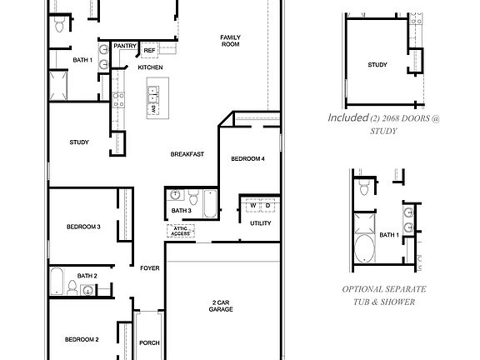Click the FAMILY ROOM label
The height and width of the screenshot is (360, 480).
[x=230, y=42]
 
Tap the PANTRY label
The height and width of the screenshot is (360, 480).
[x=125, y=47]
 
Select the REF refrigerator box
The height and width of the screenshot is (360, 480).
[x=149, y=49]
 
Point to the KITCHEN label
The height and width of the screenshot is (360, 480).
[x=150, y=67]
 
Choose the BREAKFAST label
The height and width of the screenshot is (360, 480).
[x=187, y=154]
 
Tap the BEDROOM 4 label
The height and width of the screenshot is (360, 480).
[x=247, y=158]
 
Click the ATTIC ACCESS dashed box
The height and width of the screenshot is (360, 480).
[x=180, y=231]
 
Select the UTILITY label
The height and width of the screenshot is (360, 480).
[x=260, y=222]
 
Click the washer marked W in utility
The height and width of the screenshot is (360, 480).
[x=252, y=205]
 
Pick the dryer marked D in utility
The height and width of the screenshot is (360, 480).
[x=267, y=205]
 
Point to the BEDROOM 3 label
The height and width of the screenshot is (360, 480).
[x=83, y=227]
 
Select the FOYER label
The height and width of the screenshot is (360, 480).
[x=150, y=267]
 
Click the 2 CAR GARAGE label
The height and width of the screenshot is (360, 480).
[x=221, y=305]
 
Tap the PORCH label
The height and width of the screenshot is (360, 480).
[x=149, y=342]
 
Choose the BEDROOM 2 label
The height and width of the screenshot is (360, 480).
[x=82, y=339]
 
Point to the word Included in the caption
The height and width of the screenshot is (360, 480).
[x=347, y=118]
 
